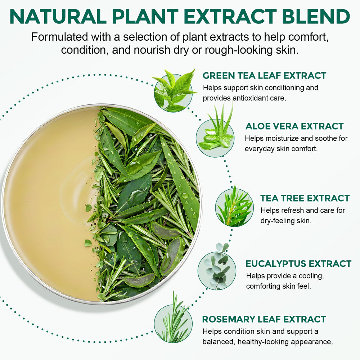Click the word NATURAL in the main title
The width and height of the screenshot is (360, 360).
click(x=58, y=17)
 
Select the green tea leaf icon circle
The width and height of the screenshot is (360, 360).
click(x=174, y=92)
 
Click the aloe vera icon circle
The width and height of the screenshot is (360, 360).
click(x=215, y=135)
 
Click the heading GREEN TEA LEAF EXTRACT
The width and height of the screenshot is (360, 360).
click(x=264, y=76)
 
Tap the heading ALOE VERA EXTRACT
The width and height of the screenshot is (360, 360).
click(x=294, y=126)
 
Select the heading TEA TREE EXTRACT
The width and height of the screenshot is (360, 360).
click(x=305, y=198)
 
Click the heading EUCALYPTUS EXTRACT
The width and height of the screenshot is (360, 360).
click(x=298, y=264)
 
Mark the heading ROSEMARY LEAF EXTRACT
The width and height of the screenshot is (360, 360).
click(x=264, y=319)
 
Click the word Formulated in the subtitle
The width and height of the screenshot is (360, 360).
click(x=59, y=37)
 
